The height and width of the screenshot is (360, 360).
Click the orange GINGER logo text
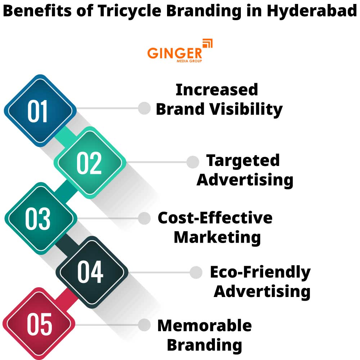tap(175, 53)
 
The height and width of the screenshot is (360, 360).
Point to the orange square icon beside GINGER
tap(208, 44)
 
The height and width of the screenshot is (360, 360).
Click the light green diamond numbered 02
tap(89, 163)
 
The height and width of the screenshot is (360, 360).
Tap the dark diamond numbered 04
tap(91, 272)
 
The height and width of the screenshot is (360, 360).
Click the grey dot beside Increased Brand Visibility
tap(144, 108)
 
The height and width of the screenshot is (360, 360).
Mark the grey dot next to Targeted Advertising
tap(193, 162)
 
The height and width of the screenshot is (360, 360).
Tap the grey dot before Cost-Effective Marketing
tap(144, 218)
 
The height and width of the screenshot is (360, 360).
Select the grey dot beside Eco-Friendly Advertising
tap(196, 273)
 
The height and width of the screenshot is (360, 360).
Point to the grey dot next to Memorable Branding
tap(144, 325)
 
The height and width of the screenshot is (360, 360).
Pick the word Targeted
tap(243, 161)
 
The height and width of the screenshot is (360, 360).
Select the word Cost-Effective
tap(215, 218)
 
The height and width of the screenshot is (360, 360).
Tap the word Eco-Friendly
tap(260, 272)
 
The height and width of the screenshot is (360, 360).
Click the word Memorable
tap(204, 326)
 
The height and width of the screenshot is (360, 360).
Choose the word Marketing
tap(217, 237)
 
